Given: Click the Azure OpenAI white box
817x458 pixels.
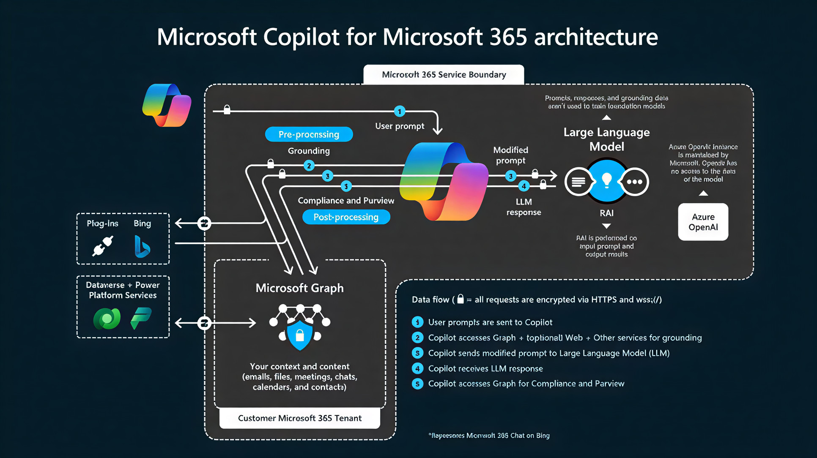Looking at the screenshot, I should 703,222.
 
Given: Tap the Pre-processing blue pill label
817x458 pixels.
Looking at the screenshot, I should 309,134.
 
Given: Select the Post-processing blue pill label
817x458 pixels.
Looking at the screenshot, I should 346,217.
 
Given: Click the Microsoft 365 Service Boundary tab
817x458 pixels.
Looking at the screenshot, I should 444,75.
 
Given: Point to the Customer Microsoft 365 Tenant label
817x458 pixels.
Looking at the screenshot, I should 299,418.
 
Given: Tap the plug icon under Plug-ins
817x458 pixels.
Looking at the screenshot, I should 103,246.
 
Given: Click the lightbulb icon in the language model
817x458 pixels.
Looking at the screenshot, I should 606,180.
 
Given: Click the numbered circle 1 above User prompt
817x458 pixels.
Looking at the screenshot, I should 399,112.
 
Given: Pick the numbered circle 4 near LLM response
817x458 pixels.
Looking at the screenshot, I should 524,186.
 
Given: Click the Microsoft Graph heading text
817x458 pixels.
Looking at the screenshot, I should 299,288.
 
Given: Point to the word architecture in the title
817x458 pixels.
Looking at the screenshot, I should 596,37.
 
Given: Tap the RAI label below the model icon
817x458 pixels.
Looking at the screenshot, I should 606,213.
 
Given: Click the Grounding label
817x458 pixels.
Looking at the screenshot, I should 309,151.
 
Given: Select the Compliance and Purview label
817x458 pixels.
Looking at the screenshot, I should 346,201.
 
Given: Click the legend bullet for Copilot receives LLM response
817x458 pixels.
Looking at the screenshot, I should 417,368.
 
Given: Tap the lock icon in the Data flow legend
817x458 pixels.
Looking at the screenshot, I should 461,299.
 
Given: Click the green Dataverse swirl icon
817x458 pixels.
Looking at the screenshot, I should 107,319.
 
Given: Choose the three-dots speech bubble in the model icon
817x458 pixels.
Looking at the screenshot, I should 634,182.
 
